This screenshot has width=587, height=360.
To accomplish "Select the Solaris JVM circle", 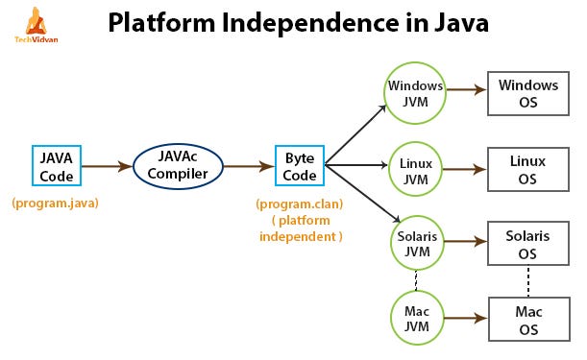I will coord(415,244).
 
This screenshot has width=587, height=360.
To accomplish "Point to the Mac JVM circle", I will coord(415,320).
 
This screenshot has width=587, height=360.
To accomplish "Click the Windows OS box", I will coord(527,93).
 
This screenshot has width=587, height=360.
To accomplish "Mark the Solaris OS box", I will coord(527,244).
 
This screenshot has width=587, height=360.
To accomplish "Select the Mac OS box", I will coord(527,320).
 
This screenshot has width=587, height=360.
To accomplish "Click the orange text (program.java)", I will coord(55,204).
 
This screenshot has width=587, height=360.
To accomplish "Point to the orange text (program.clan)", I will coord(301,204).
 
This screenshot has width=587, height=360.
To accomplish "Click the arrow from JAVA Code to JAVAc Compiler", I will coord(106,167).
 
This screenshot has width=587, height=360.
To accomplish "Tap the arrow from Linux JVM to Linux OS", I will coord(465,170).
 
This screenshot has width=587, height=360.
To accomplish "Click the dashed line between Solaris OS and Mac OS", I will coord(527,282).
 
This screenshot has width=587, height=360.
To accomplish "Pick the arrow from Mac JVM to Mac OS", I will coord(465,320).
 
